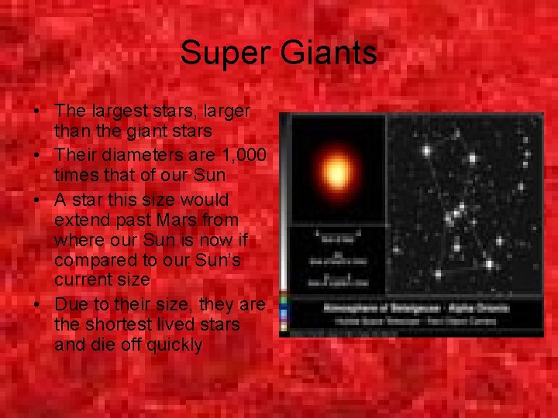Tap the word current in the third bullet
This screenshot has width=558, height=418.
click(x=81, y=279)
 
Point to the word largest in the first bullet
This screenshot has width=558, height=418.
click(x=116, y=112)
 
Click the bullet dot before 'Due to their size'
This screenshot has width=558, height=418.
click(x=38, y=305)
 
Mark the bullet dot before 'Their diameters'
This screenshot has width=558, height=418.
click(x=38, y=157)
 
